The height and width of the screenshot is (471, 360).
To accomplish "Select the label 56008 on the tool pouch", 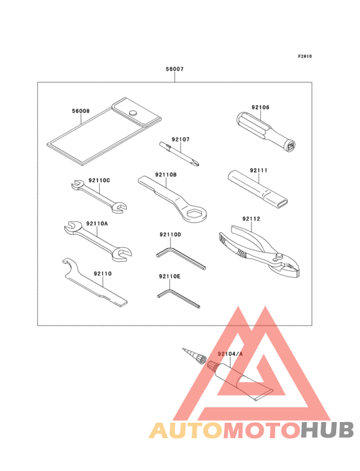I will point(80,111).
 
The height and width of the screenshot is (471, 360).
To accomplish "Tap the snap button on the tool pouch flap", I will point(134,113).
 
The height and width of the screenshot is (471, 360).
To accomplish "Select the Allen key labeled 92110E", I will point(180,297).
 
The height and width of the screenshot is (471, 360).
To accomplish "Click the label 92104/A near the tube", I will point(230,354).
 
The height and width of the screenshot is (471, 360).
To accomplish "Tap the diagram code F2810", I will point(305,56).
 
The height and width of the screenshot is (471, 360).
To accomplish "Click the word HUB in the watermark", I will point(328,429).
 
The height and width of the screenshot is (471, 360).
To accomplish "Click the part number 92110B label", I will point(166,174).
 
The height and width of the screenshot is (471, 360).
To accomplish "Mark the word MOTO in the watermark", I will point(260,429).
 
